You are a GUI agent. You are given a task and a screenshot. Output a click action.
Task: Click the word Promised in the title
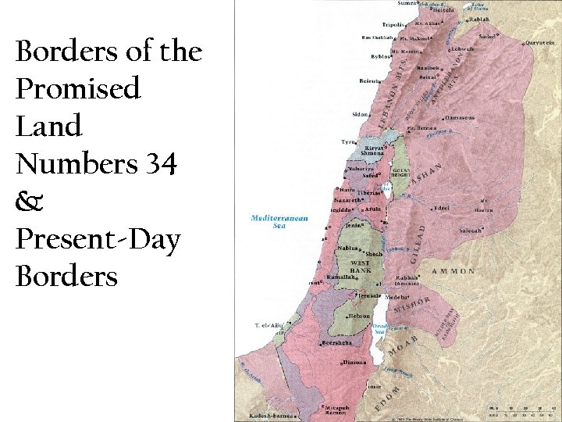pyautogui.click(x=78, y=89)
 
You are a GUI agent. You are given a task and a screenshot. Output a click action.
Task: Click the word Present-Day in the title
pyautogui.click(x=97, y=240)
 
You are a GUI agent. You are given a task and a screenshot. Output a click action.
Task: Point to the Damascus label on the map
pyautogui.click(x=460, y=118)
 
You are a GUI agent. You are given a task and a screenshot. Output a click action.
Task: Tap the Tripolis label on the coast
pyautogui.click(x=393, y=25)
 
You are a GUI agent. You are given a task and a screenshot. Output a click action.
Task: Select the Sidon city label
pyautogui.click(x=360, y=114)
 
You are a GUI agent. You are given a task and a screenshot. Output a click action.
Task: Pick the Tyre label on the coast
pyautogui.click(x=347, y=142)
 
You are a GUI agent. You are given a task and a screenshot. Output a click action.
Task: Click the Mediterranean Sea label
pyautogui.click(x=279, y=222)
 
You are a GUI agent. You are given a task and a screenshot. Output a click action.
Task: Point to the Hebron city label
pyautogui.click(x=359, y=316)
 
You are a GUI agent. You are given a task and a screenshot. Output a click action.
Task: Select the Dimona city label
pyautogui.click(x=355, y=362)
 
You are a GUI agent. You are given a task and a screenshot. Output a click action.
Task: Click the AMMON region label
pyautogui.click(x=454, y=271)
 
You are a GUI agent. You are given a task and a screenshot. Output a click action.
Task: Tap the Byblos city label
pyautogui.click(x=382, y=57)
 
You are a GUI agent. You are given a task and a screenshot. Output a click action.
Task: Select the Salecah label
pyautogui.click(x=470, y=231)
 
